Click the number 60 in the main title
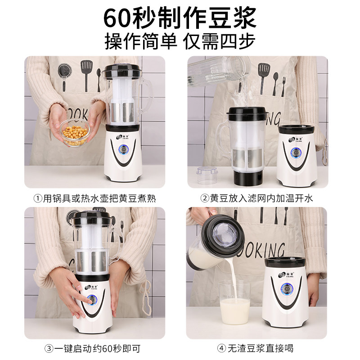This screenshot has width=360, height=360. (118, 18)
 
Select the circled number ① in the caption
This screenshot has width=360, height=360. (37, 198)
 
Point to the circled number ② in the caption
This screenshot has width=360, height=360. (204, 198)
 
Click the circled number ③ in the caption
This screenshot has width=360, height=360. (49, 349)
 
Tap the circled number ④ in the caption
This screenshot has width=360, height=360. (221, 348)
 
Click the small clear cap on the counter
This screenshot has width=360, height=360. (207, 175)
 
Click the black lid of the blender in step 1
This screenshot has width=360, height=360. (121, 71)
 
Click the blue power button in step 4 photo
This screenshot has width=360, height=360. (286, 288)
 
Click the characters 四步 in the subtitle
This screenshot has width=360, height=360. (238, 41)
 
